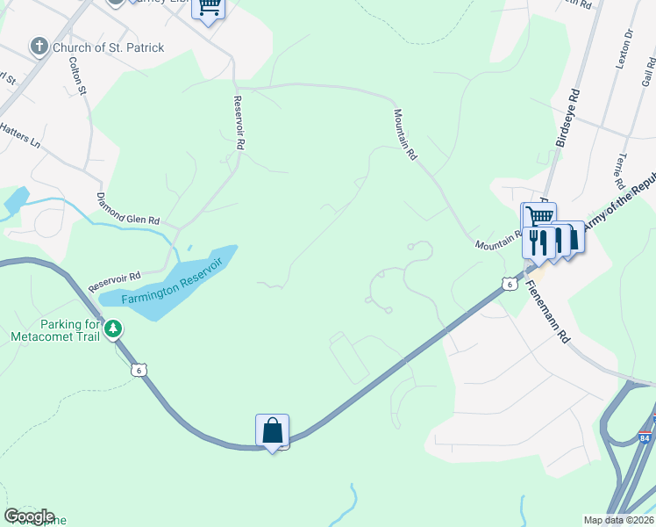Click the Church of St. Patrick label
pos(108,47)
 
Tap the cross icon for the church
pos(39,47)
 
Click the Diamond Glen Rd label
pos(128,208)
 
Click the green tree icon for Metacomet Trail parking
pos(112,329)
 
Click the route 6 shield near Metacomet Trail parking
pos(138,370)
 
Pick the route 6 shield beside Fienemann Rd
pos(509,283)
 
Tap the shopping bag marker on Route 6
pos(273,430)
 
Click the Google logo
pos(29,516)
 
